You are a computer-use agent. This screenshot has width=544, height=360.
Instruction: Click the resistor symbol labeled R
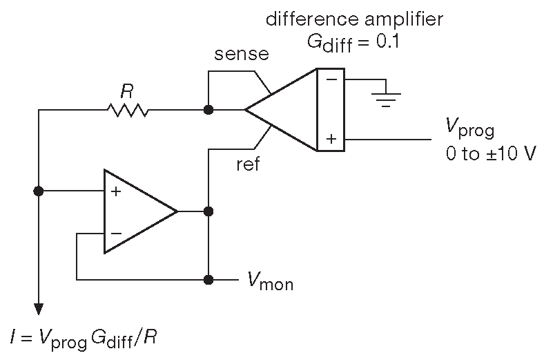(x=128, y=109)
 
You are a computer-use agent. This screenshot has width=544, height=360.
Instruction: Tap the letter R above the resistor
(x=126, y=90)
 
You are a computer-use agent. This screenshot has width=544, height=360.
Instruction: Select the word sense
(x=242, y=54)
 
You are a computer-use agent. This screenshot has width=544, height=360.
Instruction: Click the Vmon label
(x=271, y=281)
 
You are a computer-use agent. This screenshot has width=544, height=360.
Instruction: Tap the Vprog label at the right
(x=472, y=129)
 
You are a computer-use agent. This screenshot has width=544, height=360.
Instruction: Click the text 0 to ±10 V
(x=491, y=153)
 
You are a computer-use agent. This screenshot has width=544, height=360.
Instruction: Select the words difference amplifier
(x=355, y=19)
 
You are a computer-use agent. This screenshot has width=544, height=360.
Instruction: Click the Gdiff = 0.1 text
(x=353, y=41)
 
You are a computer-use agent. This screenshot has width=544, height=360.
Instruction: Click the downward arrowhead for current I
(x=39, y=308)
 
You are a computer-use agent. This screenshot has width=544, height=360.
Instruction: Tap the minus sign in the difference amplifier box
(x=331, y=79)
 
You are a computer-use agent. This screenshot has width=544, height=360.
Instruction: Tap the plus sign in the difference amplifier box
(x=331, y=139)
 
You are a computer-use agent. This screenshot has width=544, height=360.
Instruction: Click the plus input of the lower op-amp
(x=116, y=191)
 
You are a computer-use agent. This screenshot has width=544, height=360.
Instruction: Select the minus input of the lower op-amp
(x=116, y=233)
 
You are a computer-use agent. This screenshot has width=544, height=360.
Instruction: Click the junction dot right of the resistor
(x=208, y=109)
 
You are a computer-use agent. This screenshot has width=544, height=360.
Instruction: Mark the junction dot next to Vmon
(x=208, y=280)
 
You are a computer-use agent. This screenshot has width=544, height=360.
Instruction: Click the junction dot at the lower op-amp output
(x=208, y=211)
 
